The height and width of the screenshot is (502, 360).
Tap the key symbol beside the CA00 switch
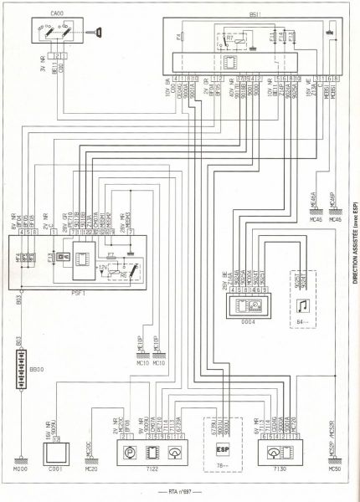pos(100,32)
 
